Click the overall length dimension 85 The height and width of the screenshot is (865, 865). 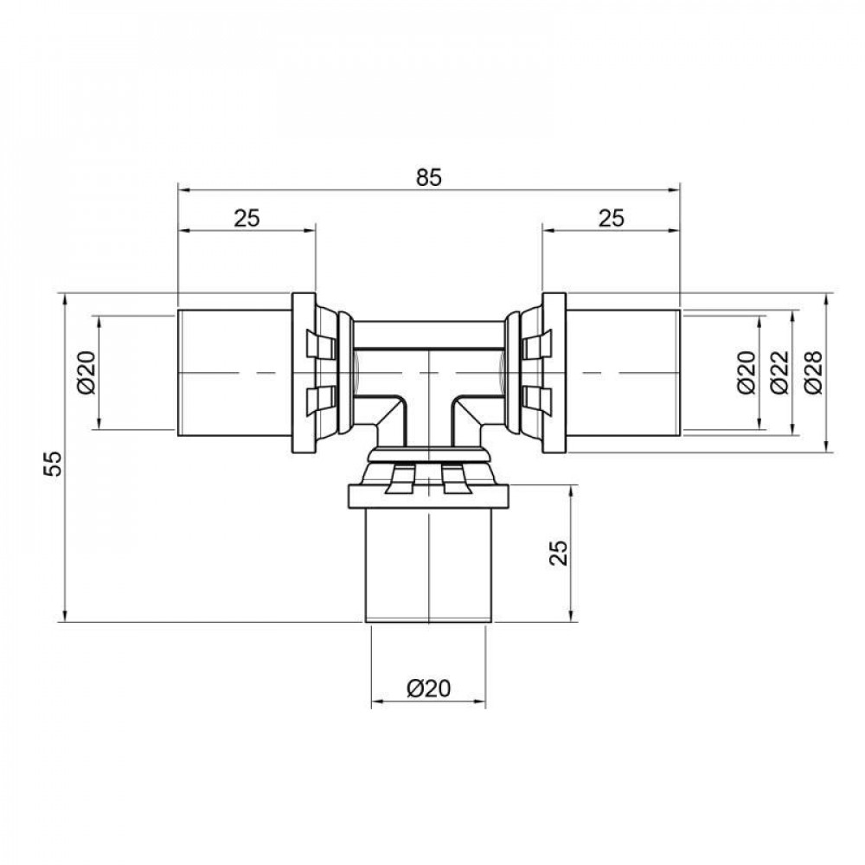click(x=428, y=177)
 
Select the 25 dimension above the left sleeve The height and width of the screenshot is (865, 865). click(x=247, y=218)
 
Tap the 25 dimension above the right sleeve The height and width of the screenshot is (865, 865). click(x=611, y=218)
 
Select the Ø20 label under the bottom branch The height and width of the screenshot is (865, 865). click(x=428, y=689)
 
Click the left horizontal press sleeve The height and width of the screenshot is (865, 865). click(x=234, y=373)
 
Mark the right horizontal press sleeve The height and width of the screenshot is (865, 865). click(x=623, y=373)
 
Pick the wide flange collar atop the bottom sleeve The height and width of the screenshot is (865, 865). click(x=428, y=496)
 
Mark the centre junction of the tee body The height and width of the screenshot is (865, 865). click(x=429, y=372)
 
